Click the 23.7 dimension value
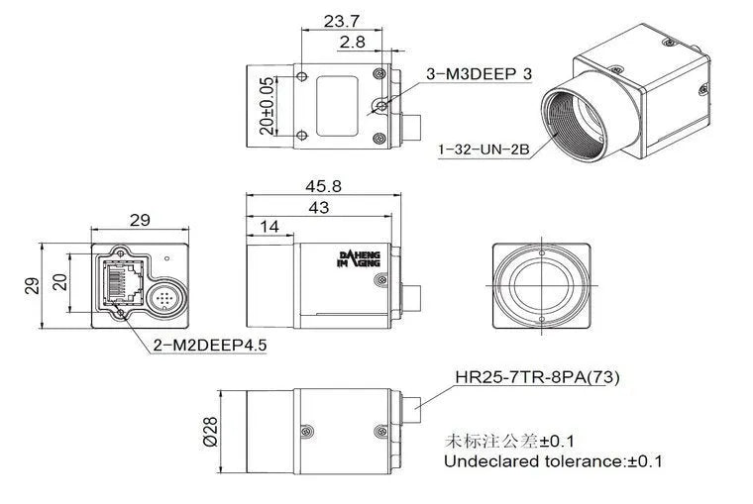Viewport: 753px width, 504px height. [343, 20]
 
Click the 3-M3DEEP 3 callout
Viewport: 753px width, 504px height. [479, 74]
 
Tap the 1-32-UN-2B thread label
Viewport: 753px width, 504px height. [484, 150]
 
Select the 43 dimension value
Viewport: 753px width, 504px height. [319, 207]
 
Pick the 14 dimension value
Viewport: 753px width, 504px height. [269, 227]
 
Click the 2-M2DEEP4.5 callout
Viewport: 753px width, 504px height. [210, 346]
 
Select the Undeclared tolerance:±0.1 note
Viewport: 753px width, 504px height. [553, 461]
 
